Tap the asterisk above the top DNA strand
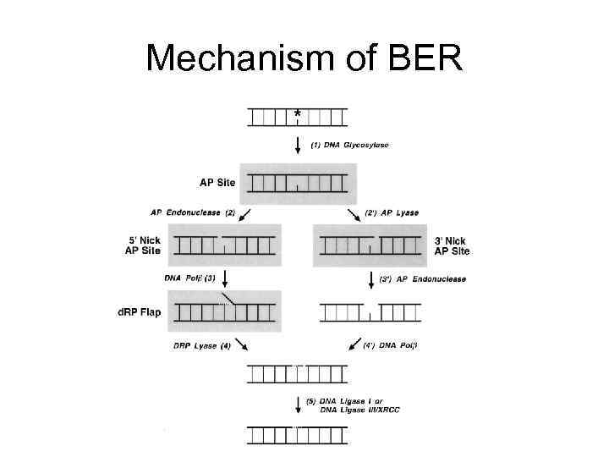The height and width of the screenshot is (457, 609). coord(297,113)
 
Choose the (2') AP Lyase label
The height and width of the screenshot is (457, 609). coord(390,212)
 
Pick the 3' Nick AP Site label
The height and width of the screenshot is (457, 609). coord(453,245)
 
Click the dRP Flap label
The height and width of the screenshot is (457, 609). coord(139,312)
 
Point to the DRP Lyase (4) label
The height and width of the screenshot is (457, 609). coord(201,345)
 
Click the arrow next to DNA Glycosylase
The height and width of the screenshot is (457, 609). coord(297,144)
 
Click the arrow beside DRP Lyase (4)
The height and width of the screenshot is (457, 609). coord(241,345)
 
